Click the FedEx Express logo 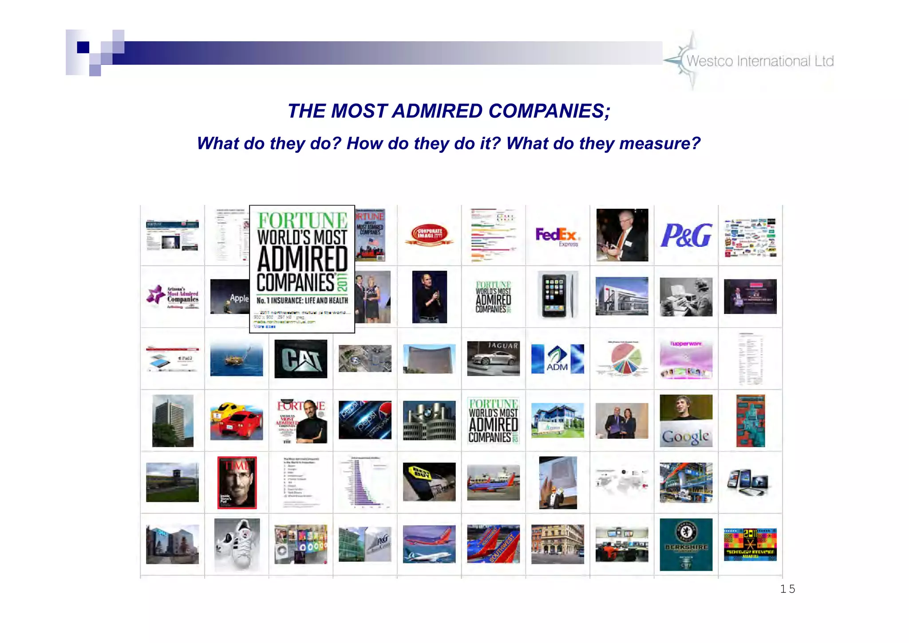[x=557, y=236]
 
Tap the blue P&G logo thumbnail [x=686, y=235]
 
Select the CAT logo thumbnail [x=300, y=359]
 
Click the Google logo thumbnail [x=686, y=421]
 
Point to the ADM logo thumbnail [x=557, y=359]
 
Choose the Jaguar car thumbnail [x=493, y=359]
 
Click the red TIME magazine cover [x=237, y=482]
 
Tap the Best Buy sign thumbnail [x=429, y=482]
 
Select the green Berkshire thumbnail [x=686, y=544]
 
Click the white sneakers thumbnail [x=237, y=544]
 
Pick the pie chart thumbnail [x=621, y=359]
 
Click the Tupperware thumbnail [x=686, y=359]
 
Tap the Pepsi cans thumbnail [x=365, y=420]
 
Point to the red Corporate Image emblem [x=429, y=234]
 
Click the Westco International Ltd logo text [x=760, y=61]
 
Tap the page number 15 [x=787, y=589]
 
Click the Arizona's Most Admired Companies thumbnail [x=173, y=297]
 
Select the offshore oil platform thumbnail [x=237, y=359]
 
